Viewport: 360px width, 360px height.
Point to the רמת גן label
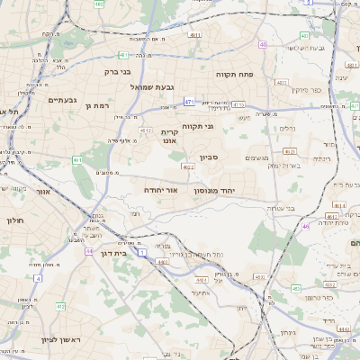95,106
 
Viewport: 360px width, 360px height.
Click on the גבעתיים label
65,100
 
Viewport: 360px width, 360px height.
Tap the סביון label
202,155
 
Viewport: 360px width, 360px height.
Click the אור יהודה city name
161,191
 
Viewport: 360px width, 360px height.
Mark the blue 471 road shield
189,103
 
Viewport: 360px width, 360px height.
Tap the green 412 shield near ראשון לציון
60,306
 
